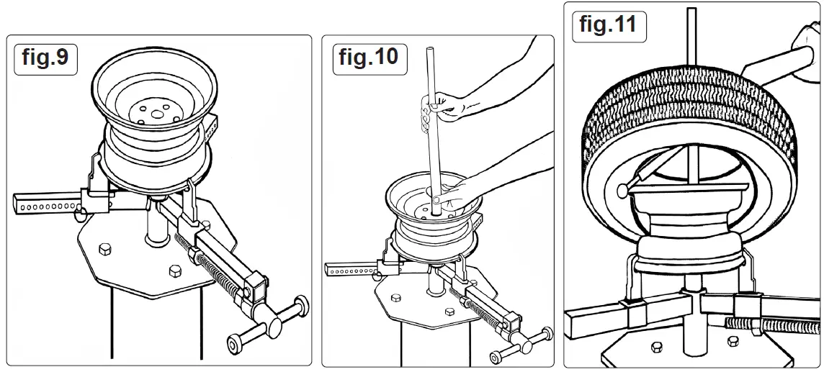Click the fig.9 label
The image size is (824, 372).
[45, 58]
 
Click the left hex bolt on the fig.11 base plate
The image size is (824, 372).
[656, 348]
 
